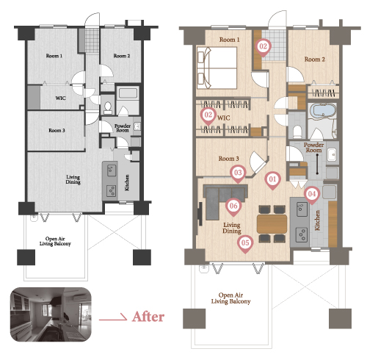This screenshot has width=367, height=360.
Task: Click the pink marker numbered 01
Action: click(x=272, y=181)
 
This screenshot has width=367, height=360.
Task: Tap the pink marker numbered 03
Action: click(x=238, y=174)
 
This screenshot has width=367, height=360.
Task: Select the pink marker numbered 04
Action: click(x=312, y=195)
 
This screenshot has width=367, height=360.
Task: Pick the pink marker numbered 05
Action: click(x=245, y=244)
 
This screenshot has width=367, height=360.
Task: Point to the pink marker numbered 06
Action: click(x=233, y=207)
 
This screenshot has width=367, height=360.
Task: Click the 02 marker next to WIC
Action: click(x=208, y=116)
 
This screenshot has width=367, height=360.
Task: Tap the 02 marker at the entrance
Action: click(x=263, y=48)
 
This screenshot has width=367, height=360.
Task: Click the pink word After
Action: click(x=148, y=317)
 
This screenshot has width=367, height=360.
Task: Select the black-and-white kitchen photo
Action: click(x=51, y=314)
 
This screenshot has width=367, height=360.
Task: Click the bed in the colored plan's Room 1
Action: click(x=217, y=68)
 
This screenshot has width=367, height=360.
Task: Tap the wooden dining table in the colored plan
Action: click(x=272, y=224)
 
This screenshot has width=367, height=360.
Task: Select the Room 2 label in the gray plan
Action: click(x=122, y=56)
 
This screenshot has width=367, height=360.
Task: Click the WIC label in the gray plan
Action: click(x=60, y=98)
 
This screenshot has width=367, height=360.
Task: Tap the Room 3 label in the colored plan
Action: click(x=228, y=159)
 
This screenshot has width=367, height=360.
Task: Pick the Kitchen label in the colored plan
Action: click(x=317, y=220)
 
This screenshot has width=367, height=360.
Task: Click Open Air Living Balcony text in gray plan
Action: click(x=55, y=241)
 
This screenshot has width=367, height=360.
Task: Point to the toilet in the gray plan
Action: click(x=108, y=108)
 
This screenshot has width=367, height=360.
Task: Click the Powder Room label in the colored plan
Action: click(x=313, y=148)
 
